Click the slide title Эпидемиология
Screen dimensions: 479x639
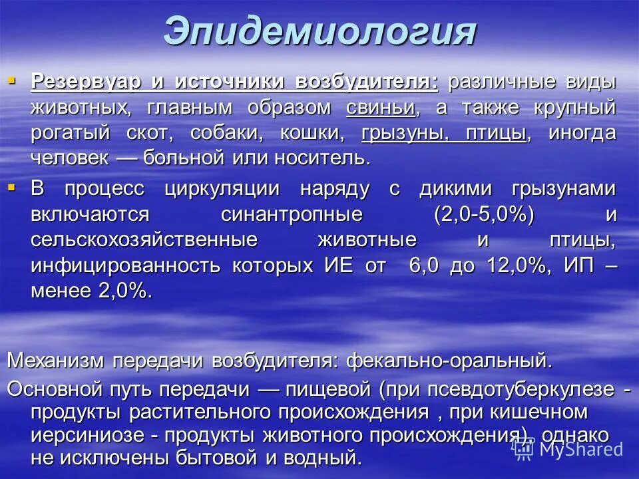pyautogui.click(x=319, y=32)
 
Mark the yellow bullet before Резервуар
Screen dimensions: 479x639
pyautogui.click(x=11, y=81)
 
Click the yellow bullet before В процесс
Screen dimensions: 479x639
pyautogui.click(x=11, y=188)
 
